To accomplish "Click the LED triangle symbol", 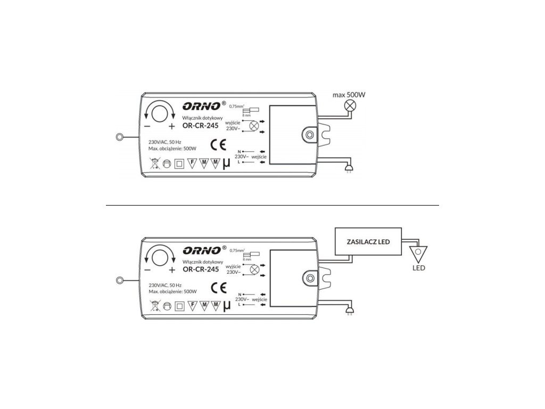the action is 418,253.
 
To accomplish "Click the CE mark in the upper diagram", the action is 219,144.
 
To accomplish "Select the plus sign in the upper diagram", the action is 172,127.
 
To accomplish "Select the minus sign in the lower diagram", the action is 147,270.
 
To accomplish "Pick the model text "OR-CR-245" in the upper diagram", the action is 201,126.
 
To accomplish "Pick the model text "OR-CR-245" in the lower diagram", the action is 201,270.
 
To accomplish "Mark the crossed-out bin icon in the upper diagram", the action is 153,163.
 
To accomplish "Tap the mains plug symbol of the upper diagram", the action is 349,170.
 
